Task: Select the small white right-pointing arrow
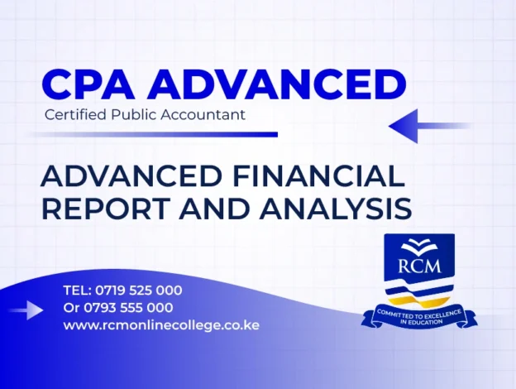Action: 30,310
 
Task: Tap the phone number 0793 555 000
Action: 129,308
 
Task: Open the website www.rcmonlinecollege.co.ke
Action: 161,325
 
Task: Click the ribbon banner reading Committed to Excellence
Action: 419,315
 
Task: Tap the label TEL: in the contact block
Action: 77,291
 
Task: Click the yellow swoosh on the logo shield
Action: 421,293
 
